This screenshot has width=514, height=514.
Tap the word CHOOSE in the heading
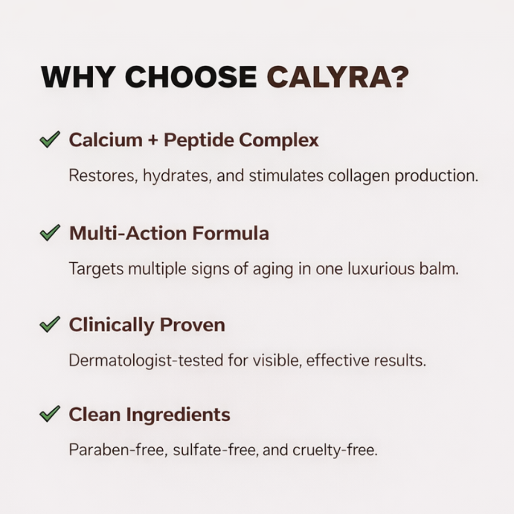(x=191, y=77)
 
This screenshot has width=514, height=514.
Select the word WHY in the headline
(x=78, y=77)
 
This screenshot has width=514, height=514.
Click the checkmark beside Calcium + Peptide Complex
(x=49, y=139)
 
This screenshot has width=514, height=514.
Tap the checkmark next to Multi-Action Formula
(x=49, y=233)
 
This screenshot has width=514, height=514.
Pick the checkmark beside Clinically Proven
(x=49, y=324)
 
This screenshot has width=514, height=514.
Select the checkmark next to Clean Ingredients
(x=49, y=414)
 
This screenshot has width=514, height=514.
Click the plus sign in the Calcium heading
(x=153, y=140)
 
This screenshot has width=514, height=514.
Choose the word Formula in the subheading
(x=230, y=233)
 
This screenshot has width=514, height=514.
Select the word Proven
(x=192, y=325)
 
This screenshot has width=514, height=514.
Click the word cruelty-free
(x=335, y=450)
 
